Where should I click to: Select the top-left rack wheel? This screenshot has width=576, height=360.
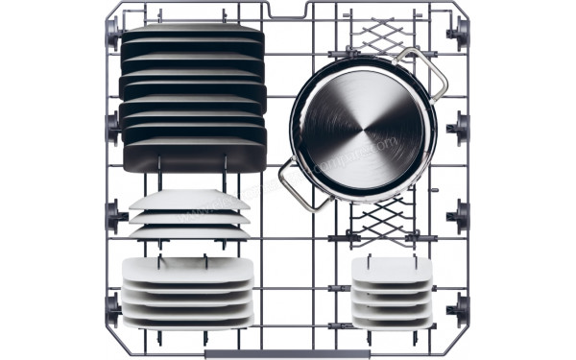click(112, 36)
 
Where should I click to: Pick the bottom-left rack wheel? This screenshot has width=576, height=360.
click(112, 307)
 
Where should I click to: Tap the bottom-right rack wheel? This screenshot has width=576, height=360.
click(461, 307)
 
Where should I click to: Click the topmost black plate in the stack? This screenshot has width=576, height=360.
click(192, 34)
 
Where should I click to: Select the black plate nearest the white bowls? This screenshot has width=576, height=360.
click(192, 158)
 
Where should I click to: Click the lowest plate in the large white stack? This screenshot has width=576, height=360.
click(188, 320)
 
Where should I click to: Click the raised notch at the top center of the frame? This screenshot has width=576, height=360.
click(289, 10)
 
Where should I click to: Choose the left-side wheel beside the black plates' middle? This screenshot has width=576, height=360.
click(112, 122)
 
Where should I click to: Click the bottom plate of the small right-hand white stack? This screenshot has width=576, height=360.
click(391, 319)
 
